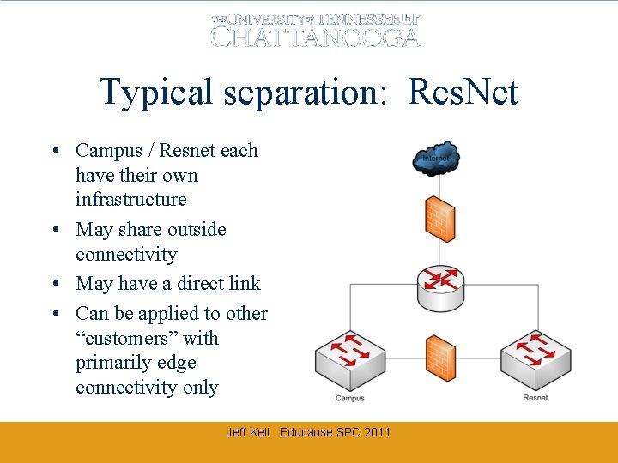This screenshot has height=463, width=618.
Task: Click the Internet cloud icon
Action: point(437,159)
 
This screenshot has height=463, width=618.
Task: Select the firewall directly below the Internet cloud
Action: point(439,218)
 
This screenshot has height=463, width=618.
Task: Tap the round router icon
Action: point(439,287)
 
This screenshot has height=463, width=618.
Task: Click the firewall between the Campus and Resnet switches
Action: point(439,358)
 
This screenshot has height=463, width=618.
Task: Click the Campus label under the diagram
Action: point(349,398)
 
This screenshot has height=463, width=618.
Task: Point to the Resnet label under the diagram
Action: point(536,398)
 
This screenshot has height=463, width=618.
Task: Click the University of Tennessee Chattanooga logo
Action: point(316,29)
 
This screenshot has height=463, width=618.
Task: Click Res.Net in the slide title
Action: point(463,92)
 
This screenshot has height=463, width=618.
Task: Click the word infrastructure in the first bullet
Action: point(130,200)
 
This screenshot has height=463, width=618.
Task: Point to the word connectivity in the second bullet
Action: point(125,255)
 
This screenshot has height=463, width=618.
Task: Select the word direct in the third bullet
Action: point(194,284)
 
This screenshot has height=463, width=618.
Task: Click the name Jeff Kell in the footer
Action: point(247,432)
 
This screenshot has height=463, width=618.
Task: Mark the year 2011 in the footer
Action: point(377,432)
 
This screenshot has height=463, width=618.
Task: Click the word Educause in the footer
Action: point(306,432)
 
